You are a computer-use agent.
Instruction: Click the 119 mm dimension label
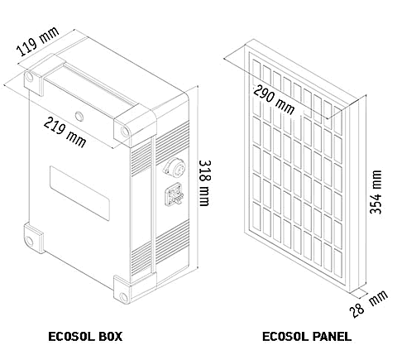(x=38, y=41)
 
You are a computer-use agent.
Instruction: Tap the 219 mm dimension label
(x=65, y=132)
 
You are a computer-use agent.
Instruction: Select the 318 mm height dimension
(x=205, y=183)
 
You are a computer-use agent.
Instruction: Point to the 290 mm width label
(x=274, y=99)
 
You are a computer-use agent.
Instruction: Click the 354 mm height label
(x=376, y=192)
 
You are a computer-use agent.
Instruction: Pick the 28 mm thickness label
(x=369, y=304)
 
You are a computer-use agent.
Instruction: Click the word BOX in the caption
(x=110, y=337)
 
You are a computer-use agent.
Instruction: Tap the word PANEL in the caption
(x=332, y=337)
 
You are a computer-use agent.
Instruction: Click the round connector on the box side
(x=175, y=166)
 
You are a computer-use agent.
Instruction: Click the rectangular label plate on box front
(x=79, y=193)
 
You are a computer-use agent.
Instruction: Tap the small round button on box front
(x=79, y=117)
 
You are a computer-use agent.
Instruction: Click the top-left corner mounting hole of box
(x=29, y=77)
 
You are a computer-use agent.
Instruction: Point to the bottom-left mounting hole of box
(x=29, y=242)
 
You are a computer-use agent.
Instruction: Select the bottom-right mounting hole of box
(x=124, y=297)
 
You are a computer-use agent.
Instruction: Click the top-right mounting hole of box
(x=125, y=132)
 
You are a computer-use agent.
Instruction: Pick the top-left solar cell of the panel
(x=256, y=73)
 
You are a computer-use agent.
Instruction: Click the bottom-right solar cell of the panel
(x=338, y=263)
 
